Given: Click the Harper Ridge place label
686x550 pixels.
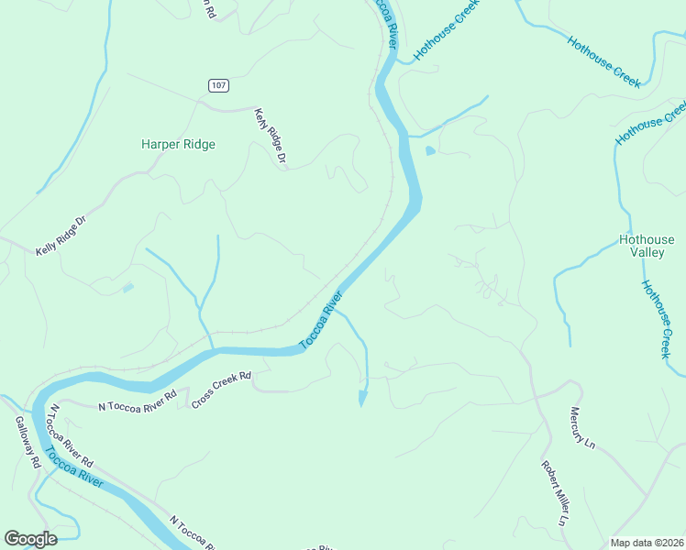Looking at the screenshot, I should [178, 144].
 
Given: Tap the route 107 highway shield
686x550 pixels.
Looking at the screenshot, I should [217, 85].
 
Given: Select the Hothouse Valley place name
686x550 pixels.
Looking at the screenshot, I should [647, 247].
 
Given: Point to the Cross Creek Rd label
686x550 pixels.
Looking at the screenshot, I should [221, 390].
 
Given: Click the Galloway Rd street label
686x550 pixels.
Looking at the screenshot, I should [28, 444].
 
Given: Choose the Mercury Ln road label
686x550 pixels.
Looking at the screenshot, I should [582, 428].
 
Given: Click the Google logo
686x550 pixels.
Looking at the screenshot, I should [30, 539].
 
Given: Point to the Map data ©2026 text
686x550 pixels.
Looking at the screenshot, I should [646, 543].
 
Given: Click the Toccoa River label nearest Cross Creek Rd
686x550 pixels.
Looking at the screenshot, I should [321, 321].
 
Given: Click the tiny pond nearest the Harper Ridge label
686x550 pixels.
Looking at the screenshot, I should [127, 288].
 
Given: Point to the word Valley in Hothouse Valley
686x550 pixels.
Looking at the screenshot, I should [647, 254].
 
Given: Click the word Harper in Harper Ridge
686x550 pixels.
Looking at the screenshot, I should [160, 144].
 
